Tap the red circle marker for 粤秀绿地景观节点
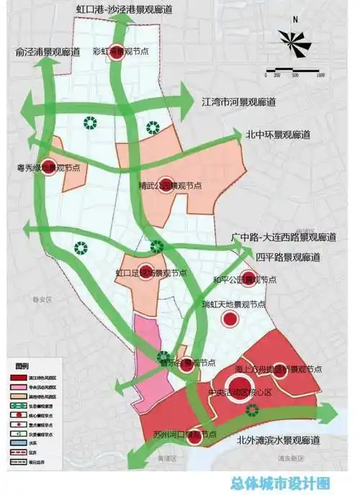tap(49, 166)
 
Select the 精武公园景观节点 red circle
tap(166, 185)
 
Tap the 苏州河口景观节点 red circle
tap(195, 434)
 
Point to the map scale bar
tap(294, 70)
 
